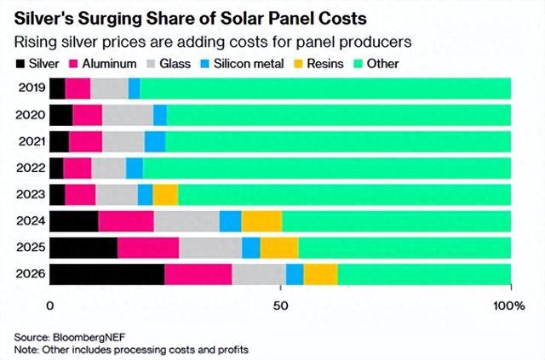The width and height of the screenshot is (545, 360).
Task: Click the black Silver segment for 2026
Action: (x=107, y=274)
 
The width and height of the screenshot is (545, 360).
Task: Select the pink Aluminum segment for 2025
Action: (x=148, y=247)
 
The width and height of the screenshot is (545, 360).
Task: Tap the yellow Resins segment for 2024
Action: (x=261, y=220)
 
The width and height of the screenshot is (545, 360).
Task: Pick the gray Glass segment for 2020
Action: (x=128, y=114)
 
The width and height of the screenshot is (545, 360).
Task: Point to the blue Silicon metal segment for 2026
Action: (x=295, y=274)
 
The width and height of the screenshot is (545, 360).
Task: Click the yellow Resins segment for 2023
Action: (x=165, y=194)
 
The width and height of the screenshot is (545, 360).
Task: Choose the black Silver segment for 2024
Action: (x=74, y=220)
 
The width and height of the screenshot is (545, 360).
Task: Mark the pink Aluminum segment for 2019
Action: (x=77, y=88)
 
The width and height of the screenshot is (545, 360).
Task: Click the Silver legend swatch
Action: (x=20, y=63)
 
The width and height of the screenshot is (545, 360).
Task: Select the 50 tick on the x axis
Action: (x=281, y=305)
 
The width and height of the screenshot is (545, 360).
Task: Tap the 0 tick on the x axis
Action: (x=50, y=305)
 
